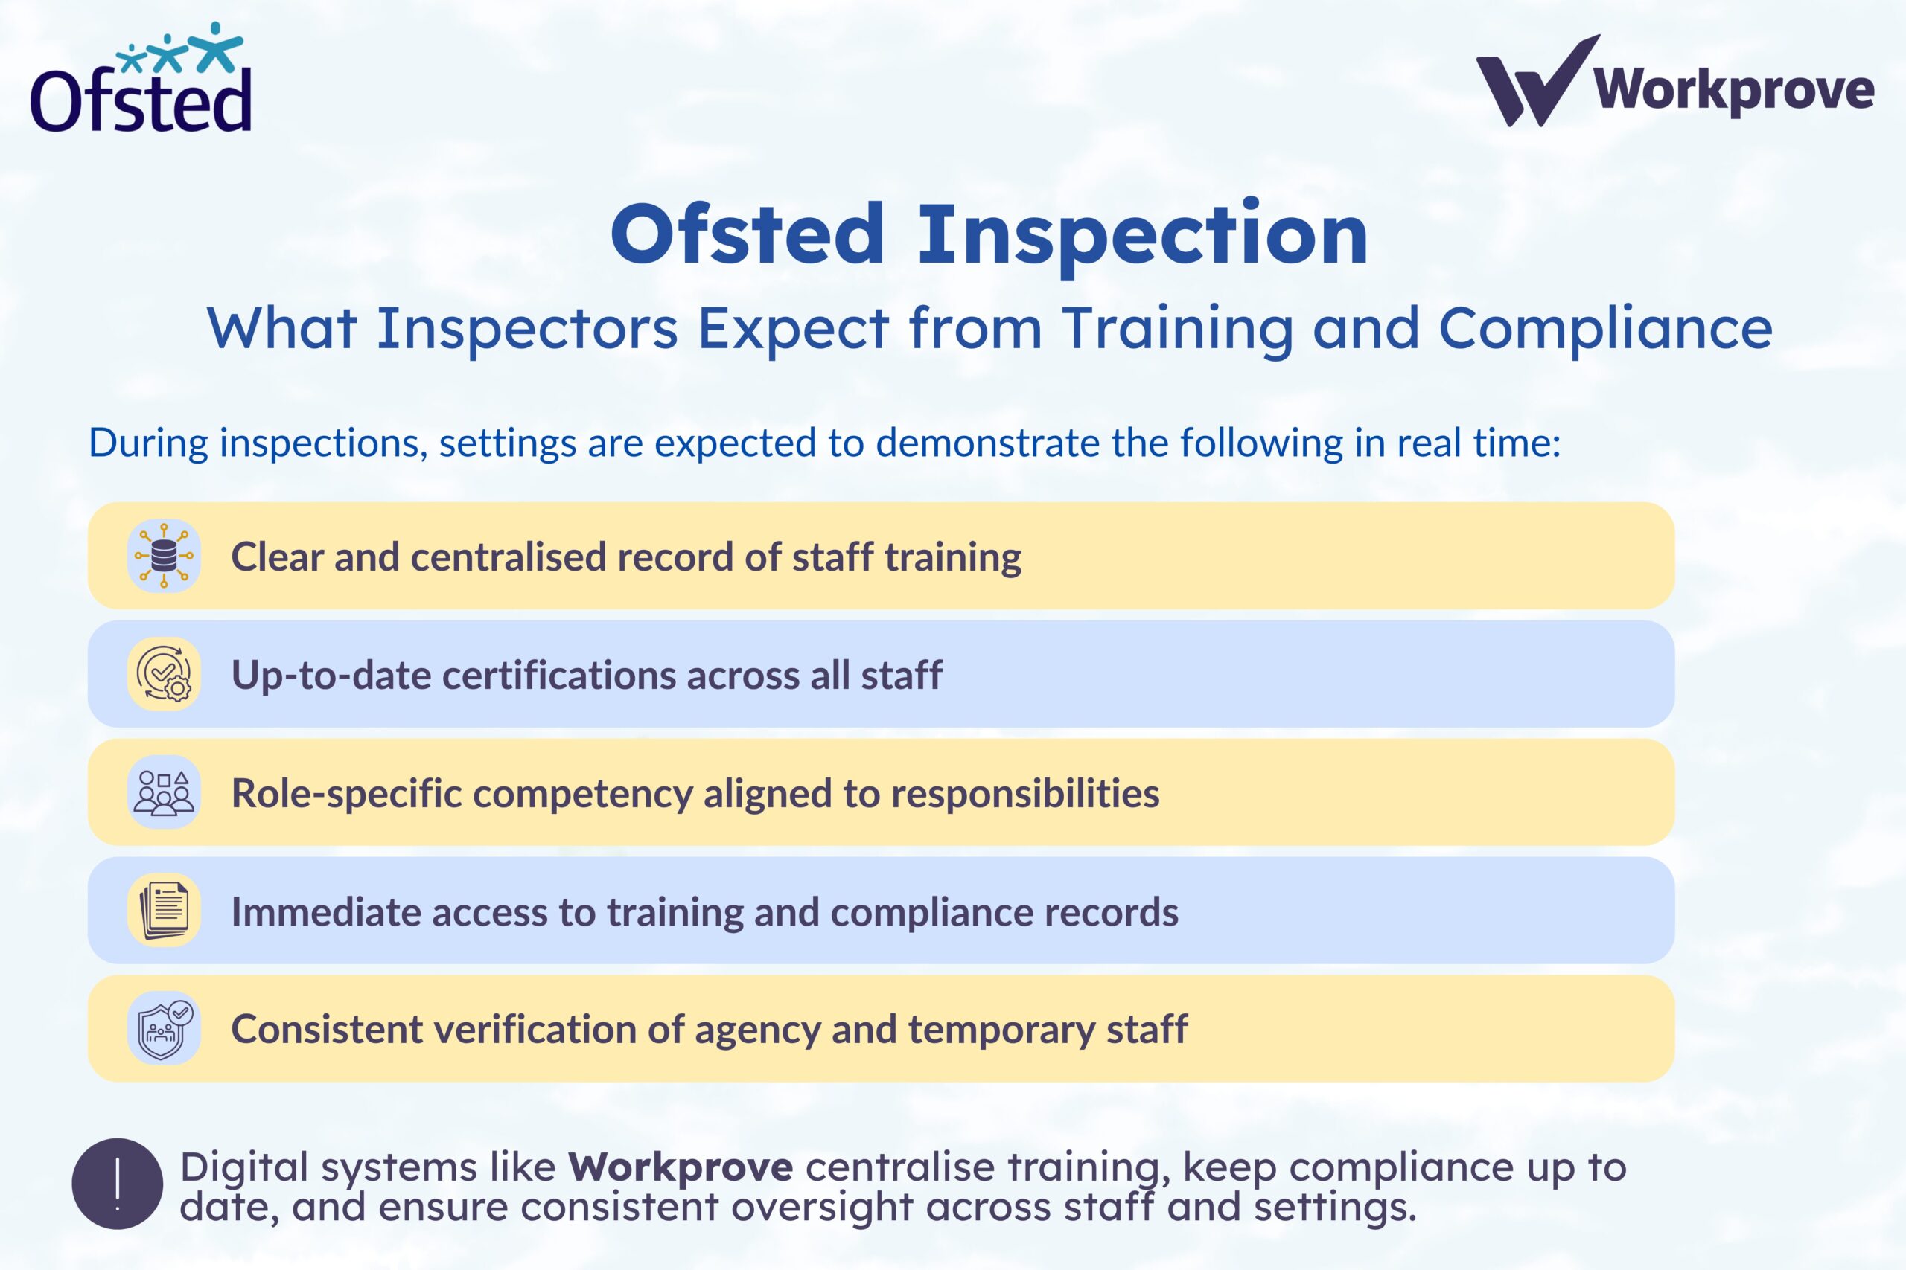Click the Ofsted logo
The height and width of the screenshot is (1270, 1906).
(x=141, y=80)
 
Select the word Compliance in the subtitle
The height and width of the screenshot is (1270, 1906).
(x=1605, y=329)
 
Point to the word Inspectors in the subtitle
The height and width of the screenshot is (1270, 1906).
(x=526, y=329)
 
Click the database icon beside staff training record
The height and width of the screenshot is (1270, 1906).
(x=164, y=556)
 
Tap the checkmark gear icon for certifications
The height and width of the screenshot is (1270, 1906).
(x=164, y=674)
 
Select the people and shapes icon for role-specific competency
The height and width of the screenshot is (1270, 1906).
(x=164, y=792)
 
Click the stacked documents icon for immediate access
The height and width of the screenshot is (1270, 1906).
(x=164, y=911)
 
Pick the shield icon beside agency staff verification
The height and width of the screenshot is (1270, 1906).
(x=164, y=1029)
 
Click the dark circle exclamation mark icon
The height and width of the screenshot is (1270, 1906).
(x=118, y=1184)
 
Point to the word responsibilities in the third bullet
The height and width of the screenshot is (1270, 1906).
(x=1025, y=794)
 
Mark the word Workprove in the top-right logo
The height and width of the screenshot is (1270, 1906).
(x=1734, y=91)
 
